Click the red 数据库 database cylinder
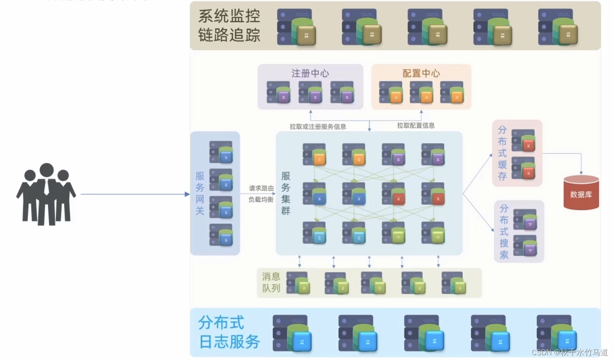(581, 193)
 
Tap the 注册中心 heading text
(310, 73)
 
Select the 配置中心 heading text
(421, 73)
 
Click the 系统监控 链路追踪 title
(229, 26)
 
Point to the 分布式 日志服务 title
(229, 332)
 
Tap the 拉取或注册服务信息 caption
(318, 127)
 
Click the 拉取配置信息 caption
(416, 125)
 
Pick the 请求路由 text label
(261, 188)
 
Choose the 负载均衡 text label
(261, 200)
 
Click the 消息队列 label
(271, 282)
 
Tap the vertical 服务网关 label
(200, 193)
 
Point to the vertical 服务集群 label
(286, 193)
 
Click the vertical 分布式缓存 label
(502, 153)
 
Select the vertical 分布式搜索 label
(504, 231)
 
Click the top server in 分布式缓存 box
(523, 140)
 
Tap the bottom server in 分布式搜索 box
(525, 245)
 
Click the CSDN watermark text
(570, 352)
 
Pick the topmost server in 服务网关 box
(221, 152)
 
